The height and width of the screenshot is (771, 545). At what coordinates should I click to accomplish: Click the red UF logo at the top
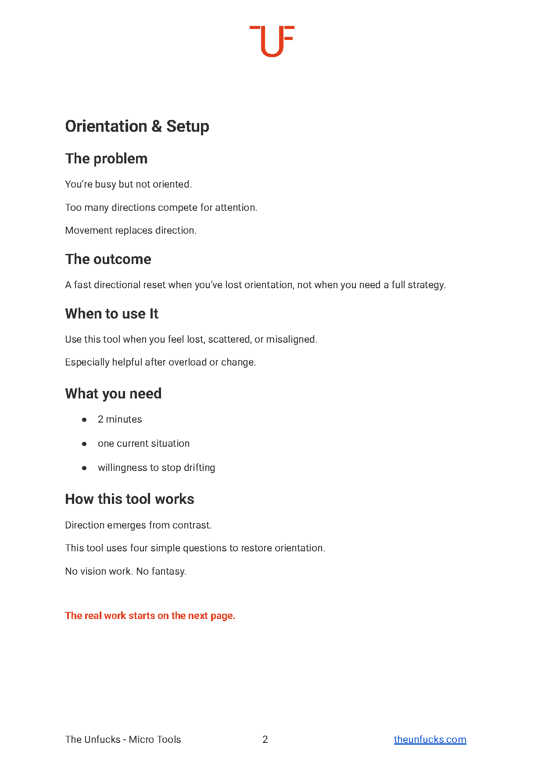coord(272,41)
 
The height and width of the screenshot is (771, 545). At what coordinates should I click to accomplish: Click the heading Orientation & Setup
coord(137,127)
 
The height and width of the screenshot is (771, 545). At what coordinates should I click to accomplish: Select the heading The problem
coord(106,159)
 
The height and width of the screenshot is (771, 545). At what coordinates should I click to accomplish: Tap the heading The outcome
coord(108,259)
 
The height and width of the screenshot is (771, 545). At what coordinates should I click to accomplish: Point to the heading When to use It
coord(111,314)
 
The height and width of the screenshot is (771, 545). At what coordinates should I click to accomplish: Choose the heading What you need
coord(113,394)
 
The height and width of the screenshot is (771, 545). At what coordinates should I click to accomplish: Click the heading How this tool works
coord(129,499)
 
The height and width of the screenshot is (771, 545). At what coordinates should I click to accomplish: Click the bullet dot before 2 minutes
coord(84,420)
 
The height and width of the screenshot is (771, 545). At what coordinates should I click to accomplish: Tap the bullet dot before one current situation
coord(84,444)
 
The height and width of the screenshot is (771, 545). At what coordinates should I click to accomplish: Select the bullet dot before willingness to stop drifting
coord(84,468)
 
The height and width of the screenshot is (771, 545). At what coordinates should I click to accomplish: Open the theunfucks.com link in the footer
coord(430,739)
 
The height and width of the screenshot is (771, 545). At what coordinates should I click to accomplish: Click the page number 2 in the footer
coord(265,739)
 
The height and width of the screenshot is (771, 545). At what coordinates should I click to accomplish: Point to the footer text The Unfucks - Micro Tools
coord(123,739)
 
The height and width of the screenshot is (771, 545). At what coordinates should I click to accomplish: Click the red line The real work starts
coord(150,615)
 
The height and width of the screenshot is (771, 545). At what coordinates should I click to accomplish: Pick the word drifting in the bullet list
coord(199,467)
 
